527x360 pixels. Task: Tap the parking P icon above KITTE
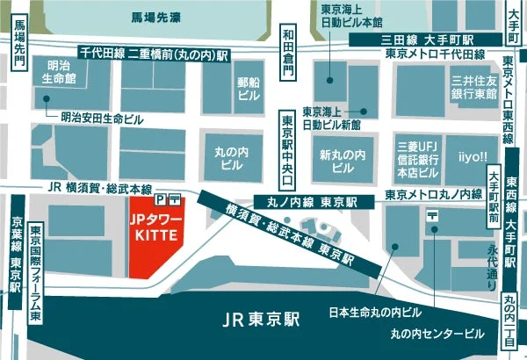(x=159, y=198)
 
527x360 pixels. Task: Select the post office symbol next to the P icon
(x=176, y=198)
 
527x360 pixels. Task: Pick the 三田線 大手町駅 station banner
(x=415, y=40)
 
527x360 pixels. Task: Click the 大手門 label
(x=512, y=16)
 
